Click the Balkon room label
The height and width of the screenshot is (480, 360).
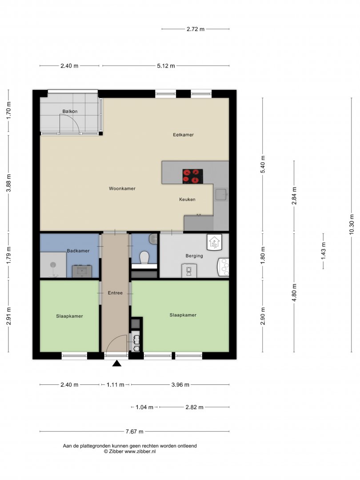pyautogui.click(x=70, y=112)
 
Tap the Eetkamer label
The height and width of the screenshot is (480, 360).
pyautogui.click(x=183, y=135)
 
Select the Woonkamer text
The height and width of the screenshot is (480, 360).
pyautogui.click(x=122, y=188)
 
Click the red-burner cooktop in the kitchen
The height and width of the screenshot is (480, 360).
pyautogui.click(x=193, y=176)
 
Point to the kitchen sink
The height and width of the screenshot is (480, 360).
pyautogui.click(x=221, y=194)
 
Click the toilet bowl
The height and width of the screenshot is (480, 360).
pyautogui.click(x=144, y=257)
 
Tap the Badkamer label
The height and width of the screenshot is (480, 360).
pyautogui.click(x=78, y=251)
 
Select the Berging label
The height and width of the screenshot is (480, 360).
pyautogui.click(x=194, y=256)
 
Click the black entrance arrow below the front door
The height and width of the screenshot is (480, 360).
pyautogui.click(x=116, y=364)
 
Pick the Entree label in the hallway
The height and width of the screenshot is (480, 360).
pyautogui.click(x=115, y=293)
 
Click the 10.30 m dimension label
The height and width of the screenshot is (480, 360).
pyautogui.click(x=351, y=224)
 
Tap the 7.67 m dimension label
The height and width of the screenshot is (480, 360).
pyautogui.click(x=134, y=432)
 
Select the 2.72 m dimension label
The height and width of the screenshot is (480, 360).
pyautogui.click(x=196, y=29)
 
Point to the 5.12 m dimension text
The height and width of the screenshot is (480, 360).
pyautogui.click(x=166, y=66)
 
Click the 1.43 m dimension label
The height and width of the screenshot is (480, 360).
pyautogui.click(x=323, y=251)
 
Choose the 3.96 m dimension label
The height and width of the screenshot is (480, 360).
pyautogui.click(x=180, y=385)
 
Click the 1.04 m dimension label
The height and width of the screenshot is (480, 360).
pyautogui.click(x=144, y=407)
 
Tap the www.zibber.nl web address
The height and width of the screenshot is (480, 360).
pyautogui.click(x=140, y=451)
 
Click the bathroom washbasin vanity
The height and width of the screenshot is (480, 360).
pyautogui.click(x=82, y=271)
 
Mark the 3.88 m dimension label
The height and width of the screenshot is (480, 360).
pyautogui.click(x=8, y=183)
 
